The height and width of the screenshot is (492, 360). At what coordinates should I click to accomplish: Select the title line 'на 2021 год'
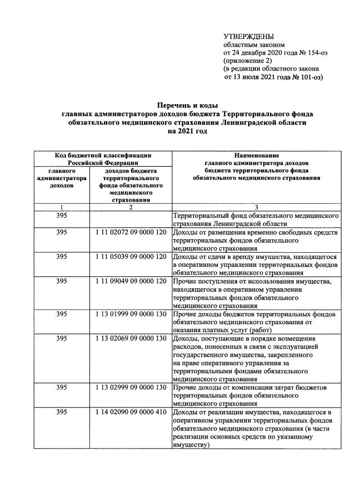[x=187, y=131]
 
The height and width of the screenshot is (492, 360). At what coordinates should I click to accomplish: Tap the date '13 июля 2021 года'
[x=257, y=77]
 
